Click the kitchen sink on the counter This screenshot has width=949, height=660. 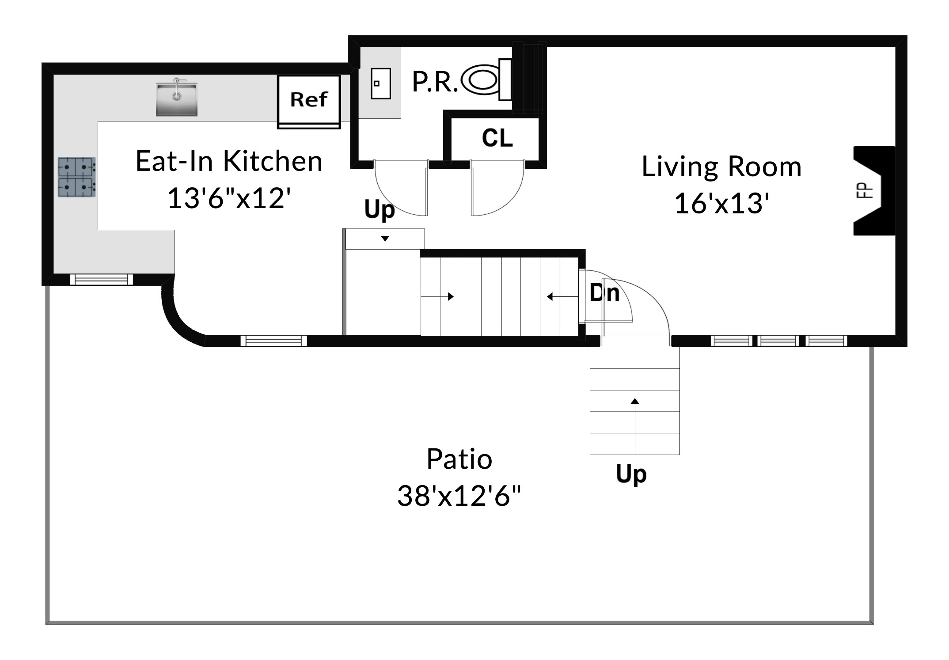pos(176,99)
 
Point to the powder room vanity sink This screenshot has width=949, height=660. pos(380,83)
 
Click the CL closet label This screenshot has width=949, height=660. pos(497,138)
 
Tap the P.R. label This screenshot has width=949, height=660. pos(435,82)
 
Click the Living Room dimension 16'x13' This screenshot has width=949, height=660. pos(721,204)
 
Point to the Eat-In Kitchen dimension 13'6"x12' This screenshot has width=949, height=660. pos(229,198)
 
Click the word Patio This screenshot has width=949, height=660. pos(459,459)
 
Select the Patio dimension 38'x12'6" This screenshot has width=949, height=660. pos(459,496)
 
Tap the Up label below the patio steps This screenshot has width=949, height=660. pos(631,474)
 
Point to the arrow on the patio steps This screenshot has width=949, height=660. pos(635,401)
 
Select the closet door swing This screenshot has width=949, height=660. pos(497,190)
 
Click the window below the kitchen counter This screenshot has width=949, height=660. pos(102,279)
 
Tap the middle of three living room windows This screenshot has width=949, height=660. pos(778,341)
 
